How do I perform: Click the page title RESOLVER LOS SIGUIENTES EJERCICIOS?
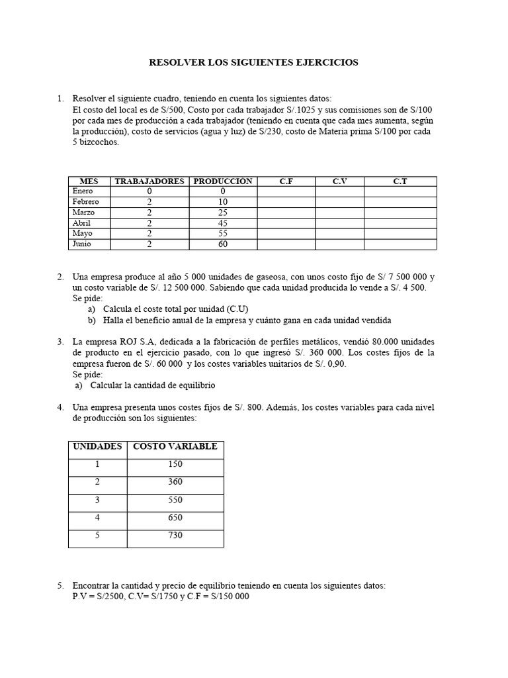click(x=253, y=62)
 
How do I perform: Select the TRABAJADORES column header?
click(x=149, y=181)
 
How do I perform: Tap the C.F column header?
click(x=286, y=181)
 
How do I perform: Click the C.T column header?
click(x=400, y=181)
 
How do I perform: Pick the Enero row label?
click(x=83, y=191)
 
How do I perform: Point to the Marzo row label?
click(x=83, y=213)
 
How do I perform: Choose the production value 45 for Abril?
click(x=222, y=223)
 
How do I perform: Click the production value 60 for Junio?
click(x=222, y=244)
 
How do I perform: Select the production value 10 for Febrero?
click(x=222, y=202)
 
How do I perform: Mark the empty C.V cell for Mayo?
click(x=339, y=234)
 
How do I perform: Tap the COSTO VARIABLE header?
click(x=175, y=446)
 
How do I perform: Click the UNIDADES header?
click(x=97, y=446)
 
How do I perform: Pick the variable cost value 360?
click(x=175, y=481)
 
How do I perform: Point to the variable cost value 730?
click(x=175, y=535)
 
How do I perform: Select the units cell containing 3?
click(x=97, y=499)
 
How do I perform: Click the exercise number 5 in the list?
click(x=60, y=585)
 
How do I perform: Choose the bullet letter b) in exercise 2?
click(x=92, y=320)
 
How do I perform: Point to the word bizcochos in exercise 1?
click(x=101, y=142)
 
